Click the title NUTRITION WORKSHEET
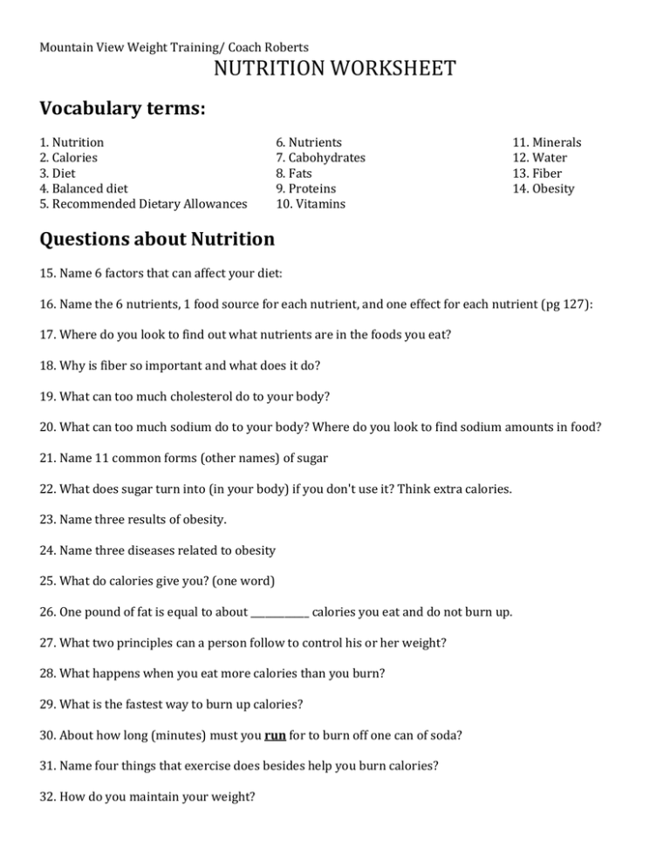[x=335, y=68]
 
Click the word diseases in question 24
[x=152, y=551]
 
